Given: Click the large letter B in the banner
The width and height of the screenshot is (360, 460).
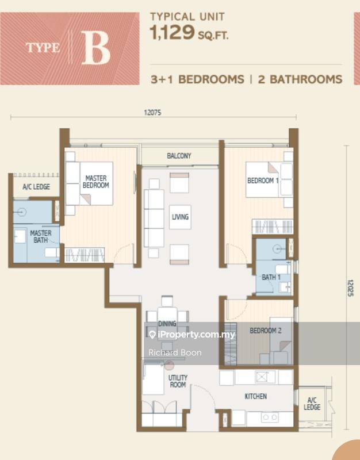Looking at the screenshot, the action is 95,48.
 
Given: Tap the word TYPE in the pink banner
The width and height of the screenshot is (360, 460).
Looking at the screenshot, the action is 43,48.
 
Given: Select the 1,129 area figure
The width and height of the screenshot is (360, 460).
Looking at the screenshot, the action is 172,32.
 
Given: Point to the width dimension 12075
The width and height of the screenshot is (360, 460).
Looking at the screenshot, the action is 152,113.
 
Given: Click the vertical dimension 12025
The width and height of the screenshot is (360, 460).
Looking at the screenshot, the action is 350,288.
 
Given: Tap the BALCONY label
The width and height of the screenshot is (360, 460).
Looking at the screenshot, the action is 179,156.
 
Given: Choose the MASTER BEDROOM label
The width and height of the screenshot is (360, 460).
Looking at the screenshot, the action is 96,182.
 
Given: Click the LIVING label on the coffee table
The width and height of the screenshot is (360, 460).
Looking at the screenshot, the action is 180,217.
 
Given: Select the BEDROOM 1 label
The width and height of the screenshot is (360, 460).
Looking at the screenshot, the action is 263,181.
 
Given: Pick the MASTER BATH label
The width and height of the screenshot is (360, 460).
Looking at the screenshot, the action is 41,236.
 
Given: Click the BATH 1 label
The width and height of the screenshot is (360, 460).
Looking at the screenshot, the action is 271,277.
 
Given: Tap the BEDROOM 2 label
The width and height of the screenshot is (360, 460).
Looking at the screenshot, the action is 266,331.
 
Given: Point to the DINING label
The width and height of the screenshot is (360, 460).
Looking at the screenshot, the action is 167,324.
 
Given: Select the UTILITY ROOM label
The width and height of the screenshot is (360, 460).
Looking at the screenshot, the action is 178,381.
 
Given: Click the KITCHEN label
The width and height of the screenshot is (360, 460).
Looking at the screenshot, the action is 256,396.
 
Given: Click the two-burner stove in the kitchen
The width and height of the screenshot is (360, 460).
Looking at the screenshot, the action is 270,417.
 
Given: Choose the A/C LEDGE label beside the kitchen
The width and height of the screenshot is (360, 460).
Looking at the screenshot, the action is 312,404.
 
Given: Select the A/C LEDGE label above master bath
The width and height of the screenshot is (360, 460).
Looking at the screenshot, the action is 36,186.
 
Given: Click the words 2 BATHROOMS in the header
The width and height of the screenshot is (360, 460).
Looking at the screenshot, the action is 300,79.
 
